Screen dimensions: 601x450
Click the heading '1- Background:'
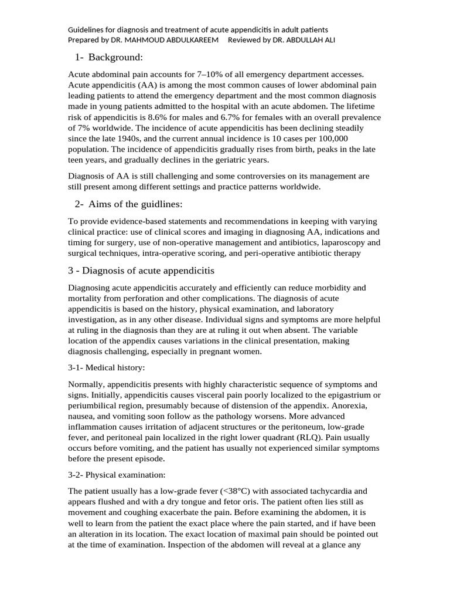tap(109, 57)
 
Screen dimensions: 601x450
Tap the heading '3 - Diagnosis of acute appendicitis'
tap(141, 271)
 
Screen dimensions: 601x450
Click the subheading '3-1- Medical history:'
tap(106, 367)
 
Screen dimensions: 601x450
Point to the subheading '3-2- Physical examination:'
tap(117, 474)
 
